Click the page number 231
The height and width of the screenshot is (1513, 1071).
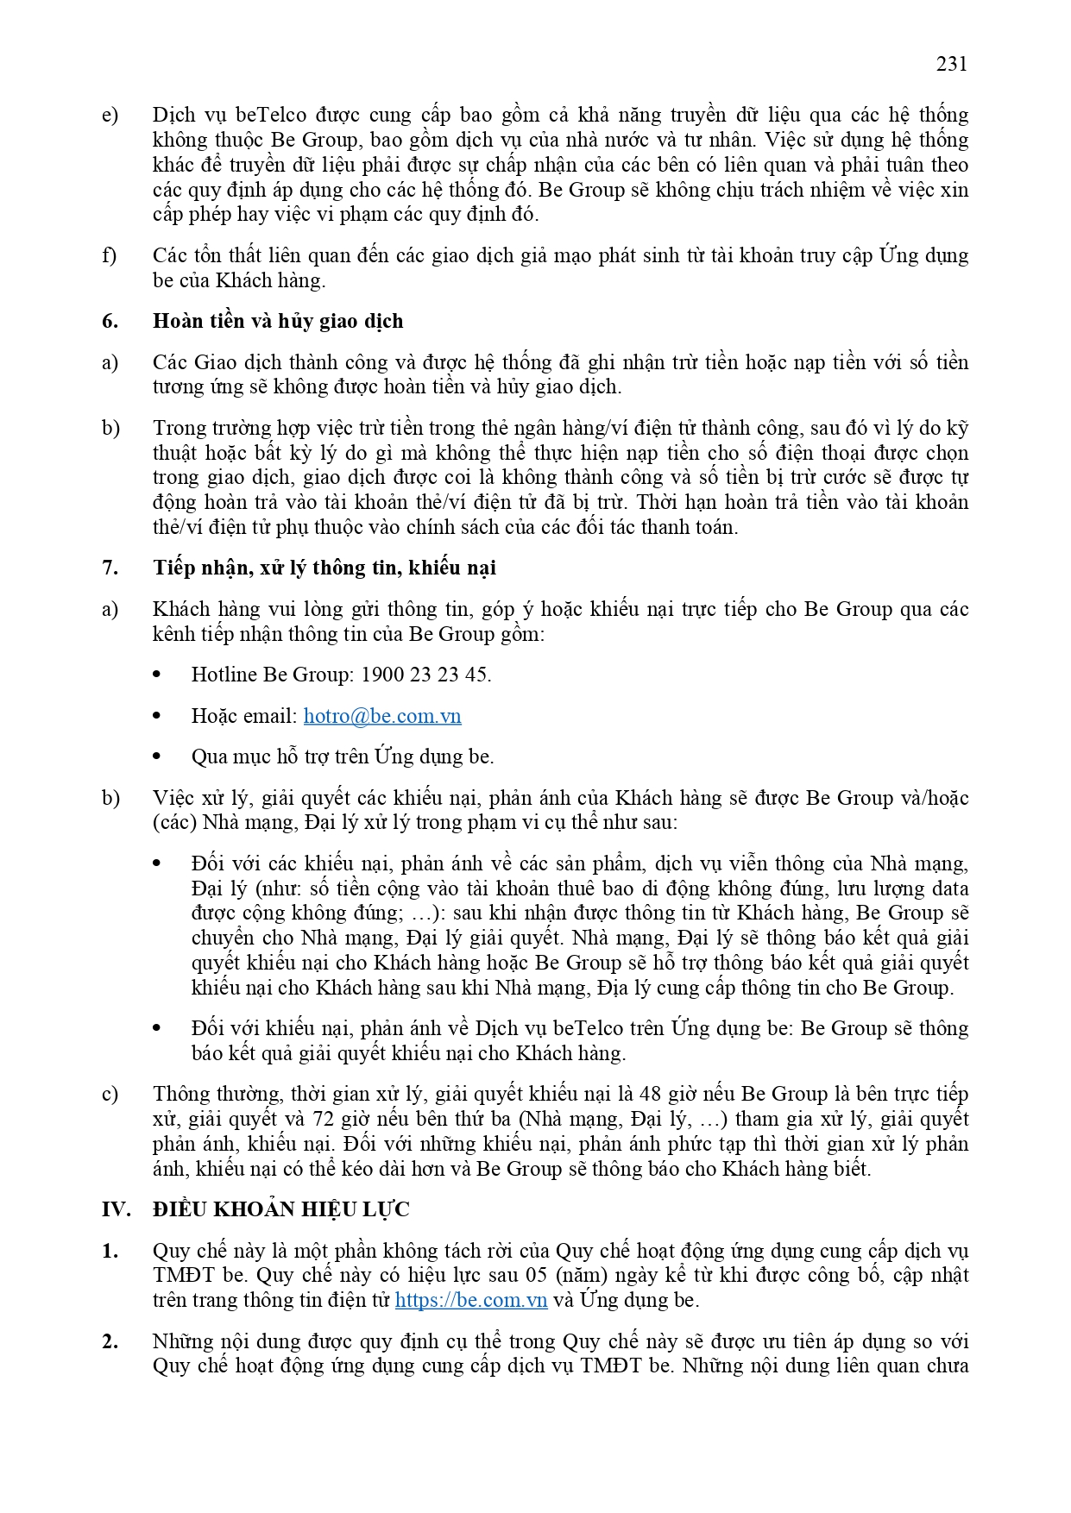pyautogui.click(x=951, y=64)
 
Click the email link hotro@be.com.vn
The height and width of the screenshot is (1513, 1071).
pyautogui.click(x=382, y=716)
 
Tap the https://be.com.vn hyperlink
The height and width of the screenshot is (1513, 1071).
pyautogui.click(x=471, y=1300)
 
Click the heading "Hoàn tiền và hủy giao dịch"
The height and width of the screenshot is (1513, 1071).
pyautogui.click(x=278, y=321)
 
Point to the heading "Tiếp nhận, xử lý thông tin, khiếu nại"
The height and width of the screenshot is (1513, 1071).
pyautogui.click(x=324, y=568)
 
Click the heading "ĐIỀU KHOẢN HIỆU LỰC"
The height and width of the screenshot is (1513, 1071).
pyautogui.click(x=281, y=1209)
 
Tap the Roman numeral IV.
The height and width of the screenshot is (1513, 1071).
pyautogui.click(x=116, y=1209)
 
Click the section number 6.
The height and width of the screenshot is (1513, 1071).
pyautogui.click(x=110, y=321)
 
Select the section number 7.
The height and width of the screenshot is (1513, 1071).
pyautogui.click(x=110, y=568)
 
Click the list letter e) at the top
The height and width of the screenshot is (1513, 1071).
pyautogui.click(x=110, y=116)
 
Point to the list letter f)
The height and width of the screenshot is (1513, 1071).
pyautogui.click(x=110, y=256)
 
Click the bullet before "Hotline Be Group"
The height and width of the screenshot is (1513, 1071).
pyautogui.click(x=157, y=675)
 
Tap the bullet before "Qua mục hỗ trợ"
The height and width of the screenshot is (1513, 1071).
pyautogui.click(x=157, y=756)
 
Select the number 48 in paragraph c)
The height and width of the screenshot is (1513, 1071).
pyautogui.click(x=650, y=1094)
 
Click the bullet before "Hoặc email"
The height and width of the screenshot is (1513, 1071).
pyautogui.click(x=157, y=716)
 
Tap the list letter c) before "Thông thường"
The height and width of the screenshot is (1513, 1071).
pyautogui.click(x=110, y=1095)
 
